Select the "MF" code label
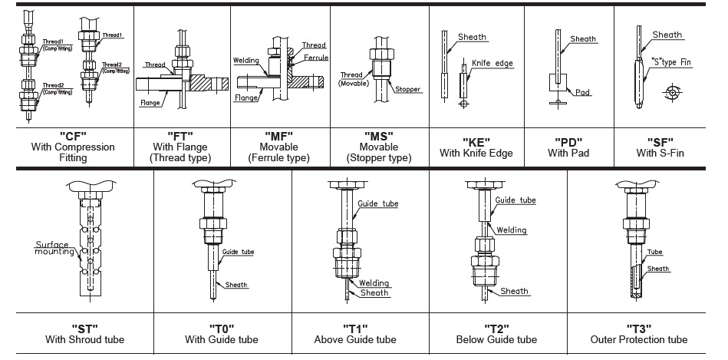click(278, 136)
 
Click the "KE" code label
click(476, 141)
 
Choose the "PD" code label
click(569, 141)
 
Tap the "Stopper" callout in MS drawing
click(408, 90)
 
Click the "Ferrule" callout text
click(316, 58)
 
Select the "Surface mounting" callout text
click(51, 248)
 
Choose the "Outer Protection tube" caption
click(638, 339)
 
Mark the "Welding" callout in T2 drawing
click(511, 230)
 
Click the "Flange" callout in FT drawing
click(150, 102)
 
